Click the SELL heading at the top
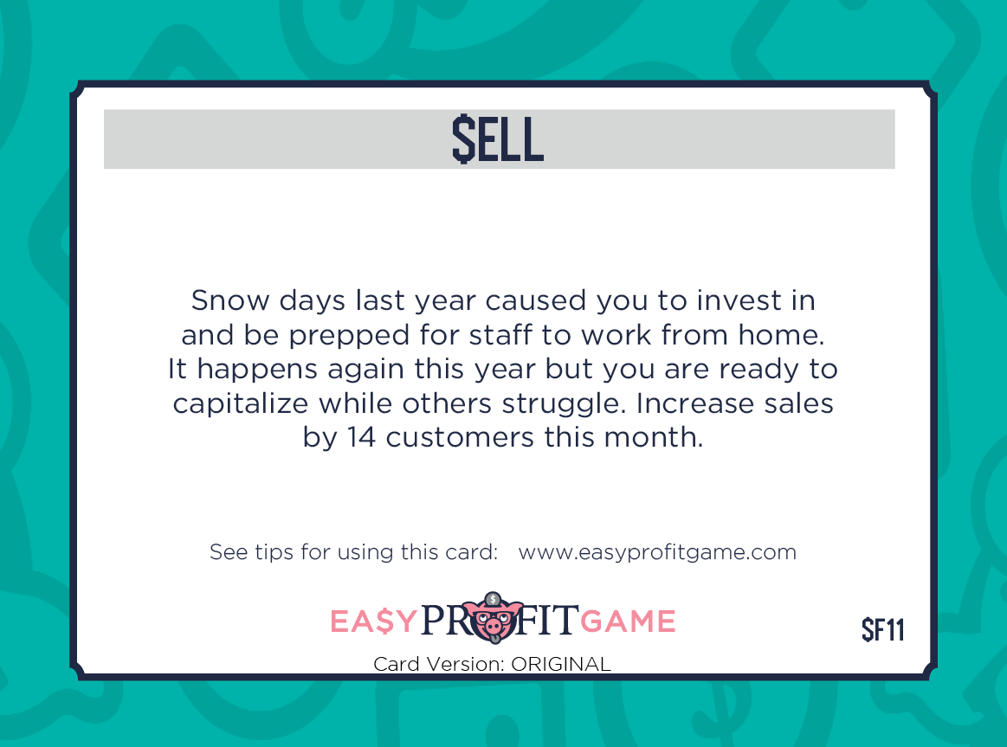[498, 139]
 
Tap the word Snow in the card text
[230, 300]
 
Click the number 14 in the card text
[361, 438]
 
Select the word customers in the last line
[459, 438]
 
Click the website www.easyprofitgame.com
[657, 552]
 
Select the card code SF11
[883, 629]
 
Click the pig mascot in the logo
[494, 618]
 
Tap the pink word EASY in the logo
[374, 621]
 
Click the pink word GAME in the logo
[628, 621]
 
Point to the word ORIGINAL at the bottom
[561, 664]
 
